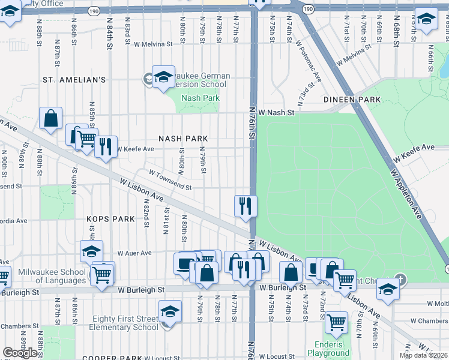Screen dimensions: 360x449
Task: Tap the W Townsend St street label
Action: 170,181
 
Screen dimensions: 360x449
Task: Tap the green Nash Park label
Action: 200,98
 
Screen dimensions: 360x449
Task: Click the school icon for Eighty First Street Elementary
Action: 170,312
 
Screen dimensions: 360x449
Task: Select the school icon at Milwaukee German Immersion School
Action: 163,77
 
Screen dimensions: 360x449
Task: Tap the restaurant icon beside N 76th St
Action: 246,206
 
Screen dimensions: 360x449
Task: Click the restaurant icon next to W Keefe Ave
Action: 106,146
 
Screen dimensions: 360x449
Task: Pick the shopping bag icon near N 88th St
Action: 51,118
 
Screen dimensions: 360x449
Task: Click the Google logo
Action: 20,353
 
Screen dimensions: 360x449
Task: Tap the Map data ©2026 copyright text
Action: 423,355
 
